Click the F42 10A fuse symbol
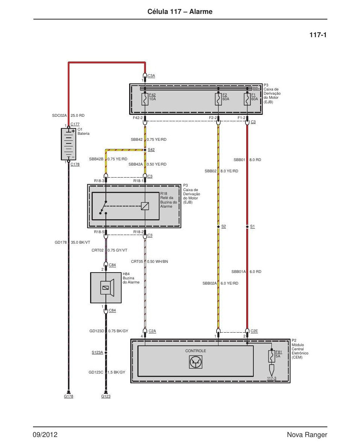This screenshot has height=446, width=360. tap(145, 99)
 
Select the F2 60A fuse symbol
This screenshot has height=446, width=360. tap(218, 99)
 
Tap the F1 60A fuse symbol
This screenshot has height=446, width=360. tap(247, 99)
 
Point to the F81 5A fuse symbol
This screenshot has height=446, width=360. tap(271, 356)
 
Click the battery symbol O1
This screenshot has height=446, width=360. tap(69, 144)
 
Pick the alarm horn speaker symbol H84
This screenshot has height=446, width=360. tap(106, 288)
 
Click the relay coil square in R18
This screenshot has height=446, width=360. tap(145, 206)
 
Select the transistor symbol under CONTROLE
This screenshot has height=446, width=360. tap(196, 362)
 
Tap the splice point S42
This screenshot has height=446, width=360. tap(145, 150)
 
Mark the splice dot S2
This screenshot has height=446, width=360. tap(218, 227)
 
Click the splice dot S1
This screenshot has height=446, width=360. tap(247, 227)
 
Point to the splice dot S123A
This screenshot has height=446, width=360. tap(106, 353)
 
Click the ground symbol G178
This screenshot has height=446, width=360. tap(69, 393)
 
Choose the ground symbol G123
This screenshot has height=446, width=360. tap(106, 393)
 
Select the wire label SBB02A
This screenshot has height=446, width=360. tap(209, 283)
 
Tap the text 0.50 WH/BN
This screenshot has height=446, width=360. tap(158, 261)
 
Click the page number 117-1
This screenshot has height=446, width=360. tap(318, 35)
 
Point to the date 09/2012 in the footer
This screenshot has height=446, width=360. tap(45, 435)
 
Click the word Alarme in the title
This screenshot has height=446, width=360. tap(201, 12)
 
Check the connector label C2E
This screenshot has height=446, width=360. tap(254, 331)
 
